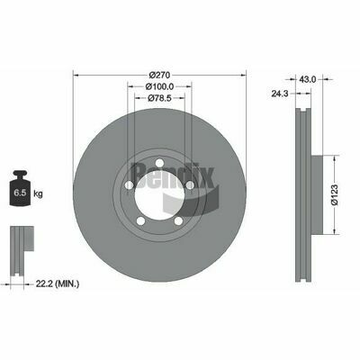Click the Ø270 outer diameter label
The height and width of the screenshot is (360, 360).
coord(159,75)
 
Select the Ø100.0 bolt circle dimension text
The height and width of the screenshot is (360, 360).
coord(159,86)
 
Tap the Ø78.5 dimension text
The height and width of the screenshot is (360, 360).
coord(159,98)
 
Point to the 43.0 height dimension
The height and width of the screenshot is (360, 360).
coord(308,79)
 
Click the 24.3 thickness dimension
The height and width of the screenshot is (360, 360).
coord(280,94)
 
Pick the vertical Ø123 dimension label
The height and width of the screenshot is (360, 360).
coord(335,195)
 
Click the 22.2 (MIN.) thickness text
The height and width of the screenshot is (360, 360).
coord(58,283)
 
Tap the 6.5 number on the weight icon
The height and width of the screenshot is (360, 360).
coord(21,193)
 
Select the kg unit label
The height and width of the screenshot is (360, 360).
coord(38,194)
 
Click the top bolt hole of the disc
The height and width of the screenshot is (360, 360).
coord(159,163)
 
